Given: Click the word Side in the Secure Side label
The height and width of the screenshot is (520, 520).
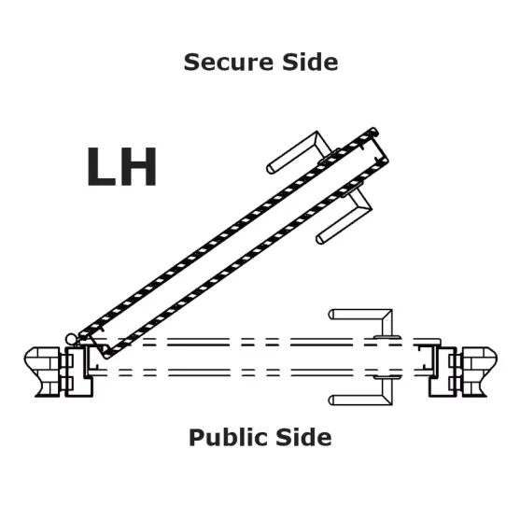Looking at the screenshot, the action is pyautogui.click(x=310, y=62).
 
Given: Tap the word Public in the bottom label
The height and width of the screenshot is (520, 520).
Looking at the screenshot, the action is pyautogui.click(x=229, y=439).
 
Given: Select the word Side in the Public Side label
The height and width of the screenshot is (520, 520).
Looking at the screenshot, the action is pyautogui.click(x=303, y=438).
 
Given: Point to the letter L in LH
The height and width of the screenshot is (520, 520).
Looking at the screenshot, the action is pyautogui.click(x=101, y=166).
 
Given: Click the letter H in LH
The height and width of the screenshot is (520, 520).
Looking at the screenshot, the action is pyautogui.click(x=138, y=166).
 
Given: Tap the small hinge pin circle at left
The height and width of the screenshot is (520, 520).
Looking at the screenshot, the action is pyautogui.click(x=71, y=339).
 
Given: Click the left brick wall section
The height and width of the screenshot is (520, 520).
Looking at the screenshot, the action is pyautogui.click(x=42, y=372).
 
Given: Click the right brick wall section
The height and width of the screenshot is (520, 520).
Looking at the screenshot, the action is pyautogui.click(x=479, y=372).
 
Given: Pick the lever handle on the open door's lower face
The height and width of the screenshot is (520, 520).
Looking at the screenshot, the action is pyautogui.click(x=344, y=216).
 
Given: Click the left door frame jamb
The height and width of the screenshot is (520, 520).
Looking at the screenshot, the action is pyautogui.click(x=79, y=372).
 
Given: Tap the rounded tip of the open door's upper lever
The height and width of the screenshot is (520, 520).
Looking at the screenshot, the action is pyautogui.click(x=270, y=169).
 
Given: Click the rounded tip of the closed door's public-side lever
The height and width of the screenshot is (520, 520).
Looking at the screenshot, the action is pyautogui.click(x=331, y=401).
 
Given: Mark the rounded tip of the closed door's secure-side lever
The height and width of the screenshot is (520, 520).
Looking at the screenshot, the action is pyautogui.click(x=331, y=315).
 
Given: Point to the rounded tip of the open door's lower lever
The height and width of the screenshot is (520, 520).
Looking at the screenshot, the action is pyautogui.click(x=319, y=239).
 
